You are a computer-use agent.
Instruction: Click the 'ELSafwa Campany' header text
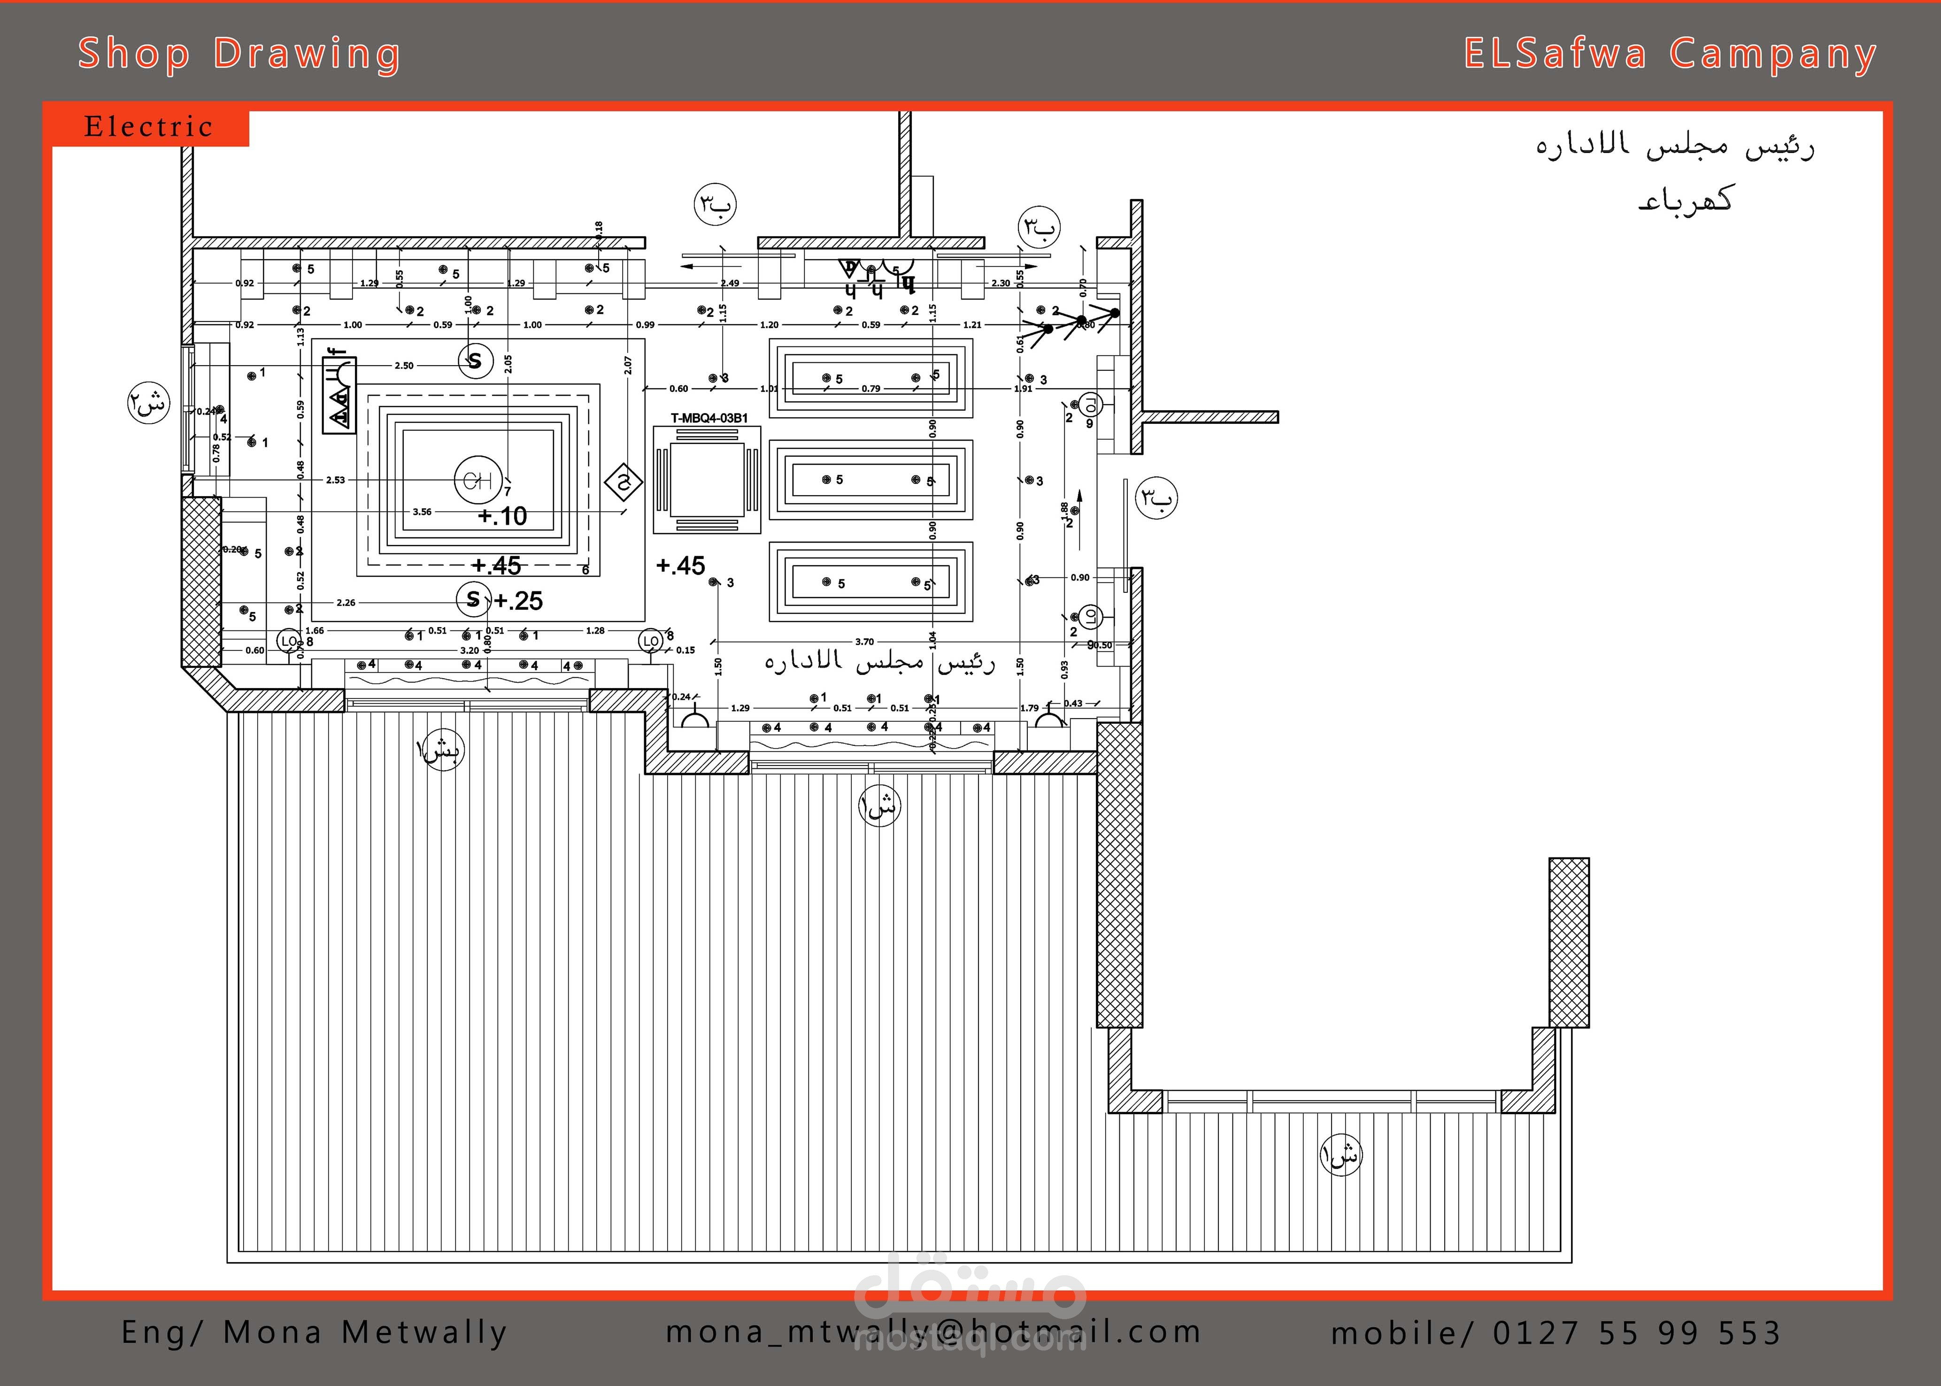pyautogui.click(x=1671, y=54)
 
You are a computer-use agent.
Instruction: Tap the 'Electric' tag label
pyautogui.click(x=148, y=127)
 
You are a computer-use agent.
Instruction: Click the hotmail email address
pyautogui.click(x=933, y=1332)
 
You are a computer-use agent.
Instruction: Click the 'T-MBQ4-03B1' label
pyautogui.click(x=709, y=418)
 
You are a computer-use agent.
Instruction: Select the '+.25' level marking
pyautogui.click(x=518, y=601)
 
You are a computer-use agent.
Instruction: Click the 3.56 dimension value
pyautogui.click(x=422, y=512)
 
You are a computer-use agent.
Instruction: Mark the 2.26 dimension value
pyautogui.click(x=346, y=603)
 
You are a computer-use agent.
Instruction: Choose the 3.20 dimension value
pyautogui.click(x=470, y=651)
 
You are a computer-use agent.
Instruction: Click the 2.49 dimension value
pyautogui.click(x=730, y=283)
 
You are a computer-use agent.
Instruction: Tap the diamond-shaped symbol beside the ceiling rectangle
pyautogui.click(x=624, y=482)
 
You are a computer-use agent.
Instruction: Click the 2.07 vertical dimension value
pyautogui.click(x=628, y=365)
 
